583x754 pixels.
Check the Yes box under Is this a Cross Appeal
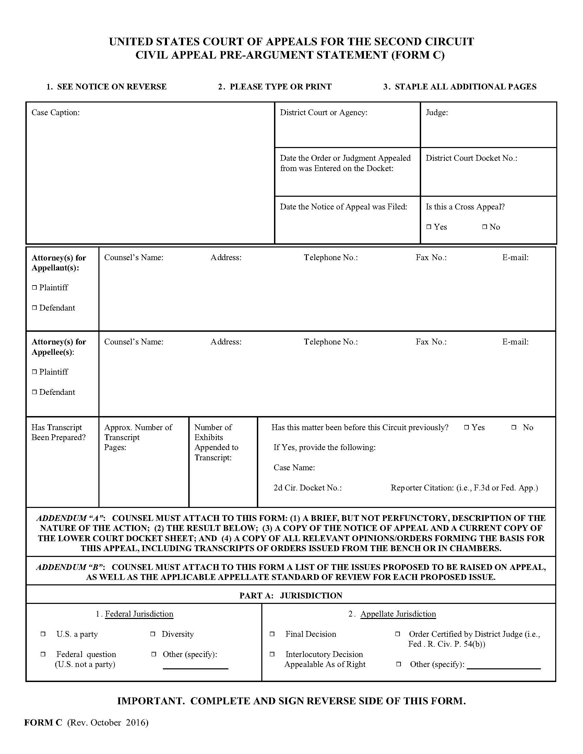pos(429,227)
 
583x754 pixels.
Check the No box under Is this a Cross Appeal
pos(485,227)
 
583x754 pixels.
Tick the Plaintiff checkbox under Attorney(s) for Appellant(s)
pos(34,287)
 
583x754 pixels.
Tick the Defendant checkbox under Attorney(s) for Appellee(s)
pos(34,392)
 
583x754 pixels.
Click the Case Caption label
pos(55,112)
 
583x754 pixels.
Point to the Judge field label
pos(437,112)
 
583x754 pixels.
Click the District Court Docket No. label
pos(471,158)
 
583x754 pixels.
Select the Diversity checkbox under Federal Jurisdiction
pos(153,634)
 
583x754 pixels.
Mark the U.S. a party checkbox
pos(43,634)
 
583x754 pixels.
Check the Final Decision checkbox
pos(272,634)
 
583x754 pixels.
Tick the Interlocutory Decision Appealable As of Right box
pos(272,654)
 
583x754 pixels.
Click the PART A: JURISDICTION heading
pos(290,596)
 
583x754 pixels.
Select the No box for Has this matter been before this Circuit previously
pos(514,427)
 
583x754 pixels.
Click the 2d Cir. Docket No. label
pos(307,487)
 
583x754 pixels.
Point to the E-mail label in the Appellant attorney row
pos(515,257)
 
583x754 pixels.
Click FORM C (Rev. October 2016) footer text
pos(86,722)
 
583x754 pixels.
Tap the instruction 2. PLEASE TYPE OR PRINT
pos(275,87)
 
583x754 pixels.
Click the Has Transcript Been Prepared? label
pos(58,432)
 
